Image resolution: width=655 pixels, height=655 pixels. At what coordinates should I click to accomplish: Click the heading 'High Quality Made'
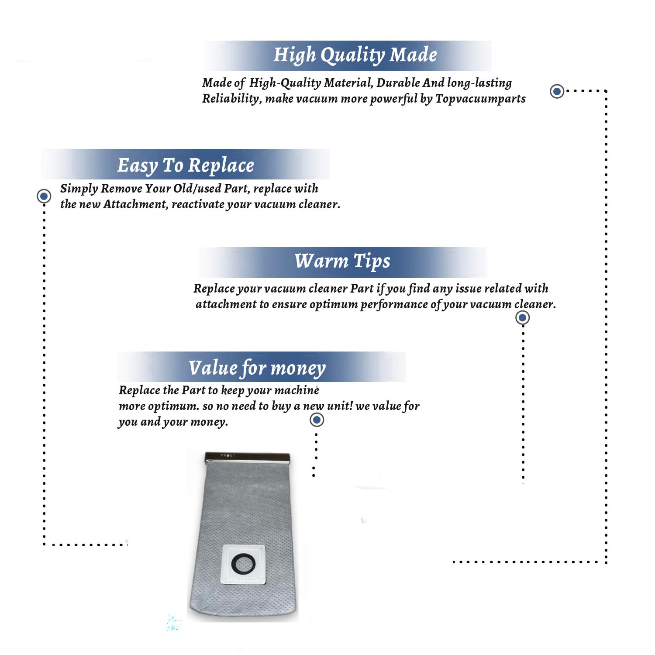coord(355,55)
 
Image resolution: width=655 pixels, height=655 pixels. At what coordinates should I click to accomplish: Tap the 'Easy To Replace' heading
coord(186,166)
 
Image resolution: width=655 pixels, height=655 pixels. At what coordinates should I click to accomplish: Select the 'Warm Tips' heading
coord(342,261)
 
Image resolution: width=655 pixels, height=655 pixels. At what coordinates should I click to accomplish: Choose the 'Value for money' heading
coord(257,368)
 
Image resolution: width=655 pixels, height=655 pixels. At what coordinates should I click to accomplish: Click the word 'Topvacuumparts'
coord(480,99)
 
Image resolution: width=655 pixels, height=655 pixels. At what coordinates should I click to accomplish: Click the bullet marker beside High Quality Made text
coord(557,91)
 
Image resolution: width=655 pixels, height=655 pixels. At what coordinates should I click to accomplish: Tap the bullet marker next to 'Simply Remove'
coord(44,196)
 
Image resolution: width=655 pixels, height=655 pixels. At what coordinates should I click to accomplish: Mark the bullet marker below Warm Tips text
coord(523,317)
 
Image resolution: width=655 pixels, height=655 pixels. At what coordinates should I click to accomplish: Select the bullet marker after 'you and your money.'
coord(317,420)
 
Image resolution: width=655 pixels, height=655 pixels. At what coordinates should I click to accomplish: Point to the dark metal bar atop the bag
coord(247,458)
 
